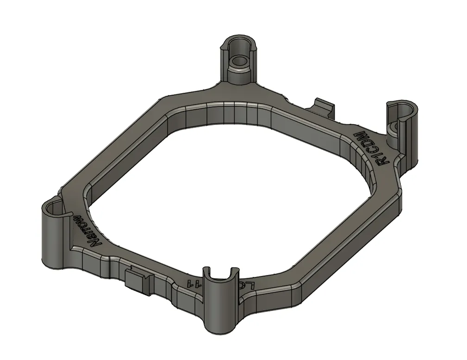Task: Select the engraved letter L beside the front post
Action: (x=250, y=285)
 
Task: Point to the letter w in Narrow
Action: (x=77, y=217)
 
